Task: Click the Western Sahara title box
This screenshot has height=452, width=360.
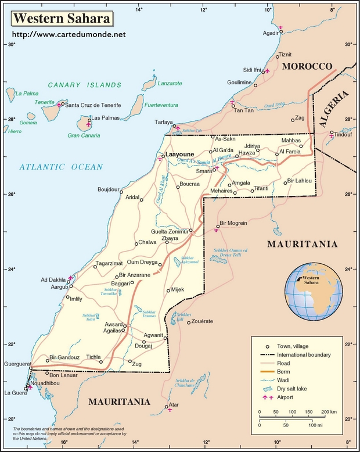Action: [61, 19]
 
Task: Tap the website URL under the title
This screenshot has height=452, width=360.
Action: [69, 35]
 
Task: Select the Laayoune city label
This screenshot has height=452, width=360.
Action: [181, 155]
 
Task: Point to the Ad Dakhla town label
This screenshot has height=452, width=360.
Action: [53, 279]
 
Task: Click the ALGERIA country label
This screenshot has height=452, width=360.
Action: [334, 109]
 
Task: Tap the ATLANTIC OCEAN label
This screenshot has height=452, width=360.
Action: [60, 167]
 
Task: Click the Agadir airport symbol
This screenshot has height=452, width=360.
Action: [281, 27]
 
